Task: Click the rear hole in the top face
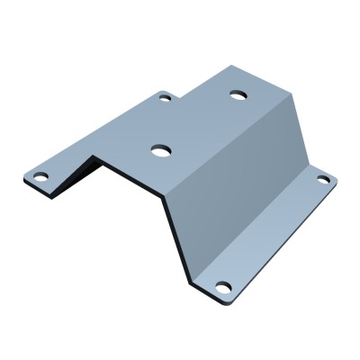238,94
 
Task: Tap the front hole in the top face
161,150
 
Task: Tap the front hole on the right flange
223,287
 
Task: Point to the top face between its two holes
200,121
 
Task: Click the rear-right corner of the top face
293,90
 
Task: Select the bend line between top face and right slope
229,144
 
